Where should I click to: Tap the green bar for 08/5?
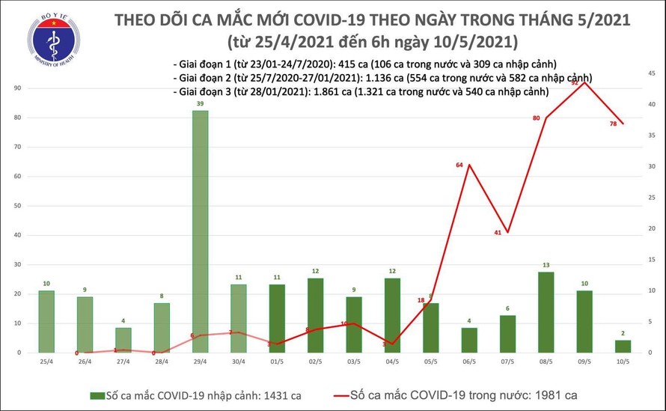coord(546,311)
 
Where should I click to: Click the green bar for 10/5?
coord(623,346)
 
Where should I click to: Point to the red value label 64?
coord(459,165)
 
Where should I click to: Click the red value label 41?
coord(497,233)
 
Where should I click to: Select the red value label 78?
coord(613,124)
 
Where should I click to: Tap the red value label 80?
coord(537,118)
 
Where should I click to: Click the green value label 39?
coord(200,103)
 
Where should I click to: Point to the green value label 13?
coord(546,264)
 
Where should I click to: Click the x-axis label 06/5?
coord(468,362)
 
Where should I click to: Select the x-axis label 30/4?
coord(238,362)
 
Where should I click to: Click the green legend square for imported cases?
coord(97,395)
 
